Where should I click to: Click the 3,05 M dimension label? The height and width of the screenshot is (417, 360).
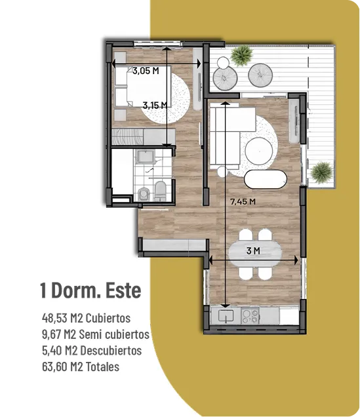tap(146, 71)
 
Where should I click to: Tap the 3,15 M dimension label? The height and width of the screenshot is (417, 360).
tap(155, 106)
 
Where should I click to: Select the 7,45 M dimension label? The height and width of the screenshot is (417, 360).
tap(243, 201)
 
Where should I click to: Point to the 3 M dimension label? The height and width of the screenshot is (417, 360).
tap(253, 250)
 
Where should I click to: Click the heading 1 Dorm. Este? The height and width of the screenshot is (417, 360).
tap(90, 290)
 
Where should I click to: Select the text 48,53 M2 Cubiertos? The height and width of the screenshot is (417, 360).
tap(86, 318)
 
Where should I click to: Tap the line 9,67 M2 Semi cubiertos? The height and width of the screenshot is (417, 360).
tap(96, 334)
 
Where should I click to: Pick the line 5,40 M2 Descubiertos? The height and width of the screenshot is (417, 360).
tap(92, 351)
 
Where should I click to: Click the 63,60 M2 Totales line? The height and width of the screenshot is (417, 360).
tap(81, 367)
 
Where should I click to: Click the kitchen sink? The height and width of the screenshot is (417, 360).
tap(226, 316)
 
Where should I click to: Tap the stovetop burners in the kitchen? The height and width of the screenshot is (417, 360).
tap(250, 316)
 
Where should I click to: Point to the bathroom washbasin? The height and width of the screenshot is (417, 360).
tap(145, 157)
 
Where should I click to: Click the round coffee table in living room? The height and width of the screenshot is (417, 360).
tap(259, 151)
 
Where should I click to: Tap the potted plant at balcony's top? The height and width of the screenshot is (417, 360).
tap(241, 55)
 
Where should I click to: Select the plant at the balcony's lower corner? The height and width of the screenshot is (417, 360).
tap(322, 172)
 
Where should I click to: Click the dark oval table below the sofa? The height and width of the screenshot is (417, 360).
tap(266, 179)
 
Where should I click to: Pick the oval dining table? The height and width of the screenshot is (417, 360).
tap(255, 254)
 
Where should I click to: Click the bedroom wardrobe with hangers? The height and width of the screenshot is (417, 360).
tap(143, 136)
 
